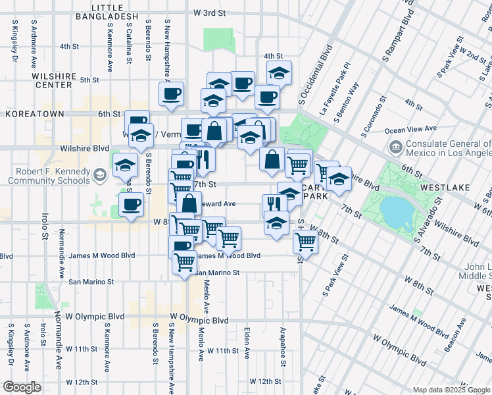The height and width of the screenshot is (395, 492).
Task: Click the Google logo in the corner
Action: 22,387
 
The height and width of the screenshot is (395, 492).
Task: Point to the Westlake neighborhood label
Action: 445,188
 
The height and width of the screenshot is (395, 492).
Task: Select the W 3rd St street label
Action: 210,13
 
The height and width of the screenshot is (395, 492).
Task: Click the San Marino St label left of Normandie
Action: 91,281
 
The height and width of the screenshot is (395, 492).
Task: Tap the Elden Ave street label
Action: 247,343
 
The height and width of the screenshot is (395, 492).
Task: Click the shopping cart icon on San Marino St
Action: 185,261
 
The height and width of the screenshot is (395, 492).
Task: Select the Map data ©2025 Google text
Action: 451,389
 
